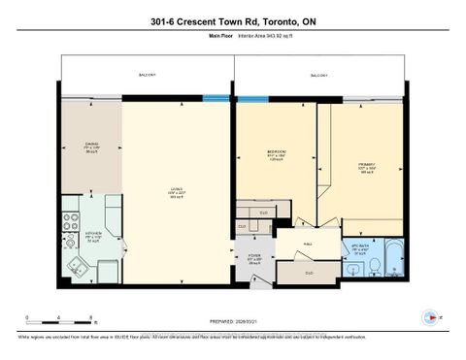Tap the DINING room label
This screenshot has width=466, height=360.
coord(91,147)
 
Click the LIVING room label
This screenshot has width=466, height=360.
coord(176,190)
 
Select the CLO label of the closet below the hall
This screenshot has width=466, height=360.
coord(309,273)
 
